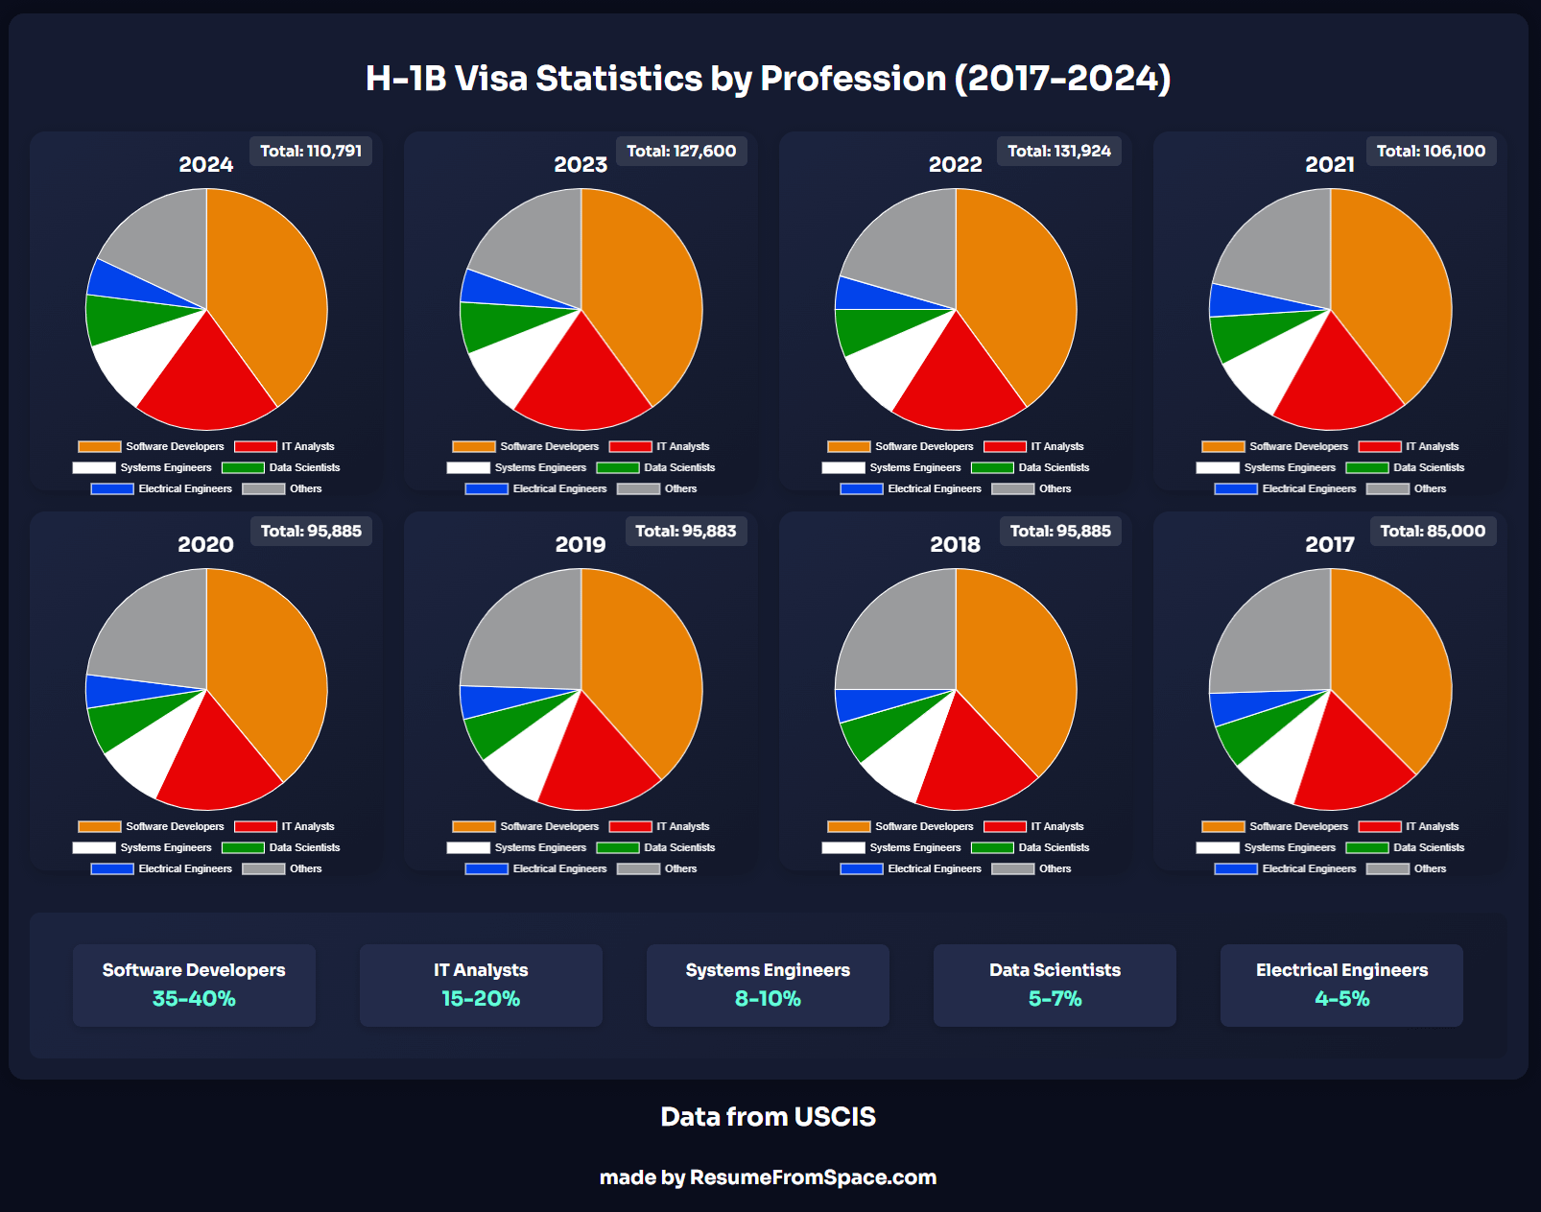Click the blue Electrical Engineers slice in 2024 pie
coord(108,279)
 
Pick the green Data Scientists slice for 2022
coord(864,329)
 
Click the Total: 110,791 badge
coord(311,152)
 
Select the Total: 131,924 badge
coord(1058,152)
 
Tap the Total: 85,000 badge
coord(1432,532)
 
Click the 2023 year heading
coord(581,165)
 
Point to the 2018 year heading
coord(955,545)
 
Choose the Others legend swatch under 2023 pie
coord(638,489)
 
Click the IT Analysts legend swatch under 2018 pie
coord(1005,827)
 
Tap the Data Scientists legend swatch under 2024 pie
coord(243,468)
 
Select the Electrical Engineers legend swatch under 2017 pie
coord(1236,869)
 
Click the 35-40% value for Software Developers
coord(194,999)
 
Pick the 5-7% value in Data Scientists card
coord(1055,999)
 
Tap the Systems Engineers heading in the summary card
coord(768,970)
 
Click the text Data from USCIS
coord(768,1117)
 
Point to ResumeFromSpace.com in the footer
coord(813,1177)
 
